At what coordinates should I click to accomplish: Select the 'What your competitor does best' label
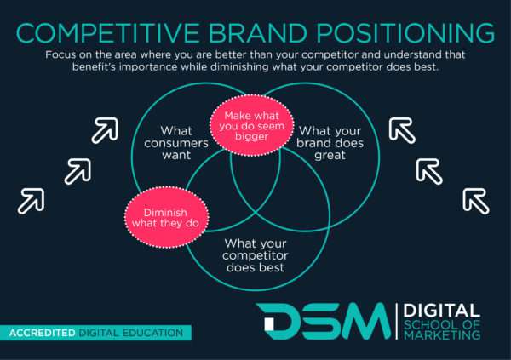coord(255,256)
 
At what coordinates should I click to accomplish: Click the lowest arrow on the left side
coord(31,200)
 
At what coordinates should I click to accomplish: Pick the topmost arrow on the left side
coord(105,130)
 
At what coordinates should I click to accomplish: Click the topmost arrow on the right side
coord(402,130)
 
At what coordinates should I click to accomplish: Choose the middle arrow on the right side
coord(430,171)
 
